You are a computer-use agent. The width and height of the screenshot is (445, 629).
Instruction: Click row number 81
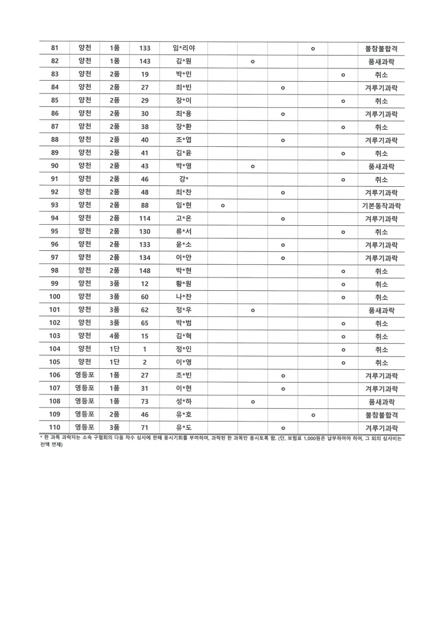coord(55,49)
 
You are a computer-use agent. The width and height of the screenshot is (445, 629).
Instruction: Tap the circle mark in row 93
coord(222,206)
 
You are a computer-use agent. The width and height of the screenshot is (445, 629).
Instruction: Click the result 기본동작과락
coord(381,206)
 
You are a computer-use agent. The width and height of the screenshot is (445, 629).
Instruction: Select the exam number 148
coord(145,271)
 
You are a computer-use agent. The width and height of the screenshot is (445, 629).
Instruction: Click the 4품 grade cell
coord(115,336)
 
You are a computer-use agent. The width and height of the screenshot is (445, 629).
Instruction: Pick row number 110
coord(55,428)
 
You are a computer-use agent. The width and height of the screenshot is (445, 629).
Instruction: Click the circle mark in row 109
coord(313,415)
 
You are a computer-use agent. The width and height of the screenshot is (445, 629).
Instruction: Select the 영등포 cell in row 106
coord(85,375)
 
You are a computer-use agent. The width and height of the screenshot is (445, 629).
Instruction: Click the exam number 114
coord(145,219)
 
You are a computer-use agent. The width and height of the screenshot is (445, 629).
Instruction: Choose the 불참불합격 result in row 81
coord(381,49)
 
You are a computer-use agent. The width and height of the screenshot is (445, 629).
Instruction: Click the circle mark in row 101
coord(253,310)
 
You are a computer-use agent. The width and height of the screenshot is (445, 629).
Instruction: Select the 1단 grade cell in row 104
coord(115,349)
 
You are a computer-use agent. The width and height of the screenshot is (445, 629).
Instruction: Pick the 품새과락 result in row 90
coord(381,166)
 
